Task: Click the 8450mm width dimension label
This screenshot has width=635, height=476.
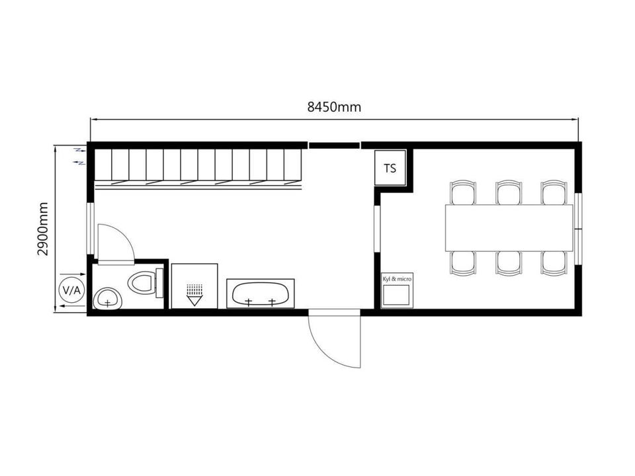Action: coord(334,107)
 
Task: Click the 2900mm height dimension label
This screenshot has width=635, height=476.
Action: coord(42,229)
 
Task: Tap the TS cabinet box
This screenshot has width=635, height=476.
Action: coord(390,168)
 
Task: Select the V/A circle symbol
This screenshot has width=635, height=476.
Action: coord(71,290)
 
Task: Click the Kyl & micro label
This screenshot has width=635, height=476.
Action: coord(397,279)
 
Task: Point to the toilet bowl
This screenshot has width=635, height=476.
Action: coord(142,282)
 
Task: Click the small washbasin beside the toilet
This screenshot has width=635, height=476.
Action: coord(107,299)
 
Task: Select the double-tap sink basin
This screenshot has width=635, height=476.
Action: coord(261,294)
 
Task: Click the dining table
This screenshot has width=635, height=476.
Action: coord(509,228)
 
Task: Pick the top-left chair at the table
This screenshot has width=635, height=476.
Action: coord(463,192)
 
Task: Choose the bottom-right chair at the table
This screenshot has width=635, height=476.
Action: coord(554,264)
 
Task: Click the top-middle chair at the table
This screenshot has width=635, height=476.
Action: coord(509,192)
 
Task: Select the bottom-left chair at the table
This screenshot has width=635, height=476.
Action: coord(463,264)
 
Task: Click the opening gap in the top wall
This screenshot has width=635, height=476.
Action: coord(335,145)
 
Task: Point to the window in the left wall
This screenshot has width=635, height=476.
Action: coord(91,229)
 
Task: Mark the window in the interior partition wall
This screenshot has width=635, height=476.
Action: coord(377,229)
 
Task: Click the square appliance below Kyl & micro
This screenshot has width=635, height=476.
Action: coord(396,295)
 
